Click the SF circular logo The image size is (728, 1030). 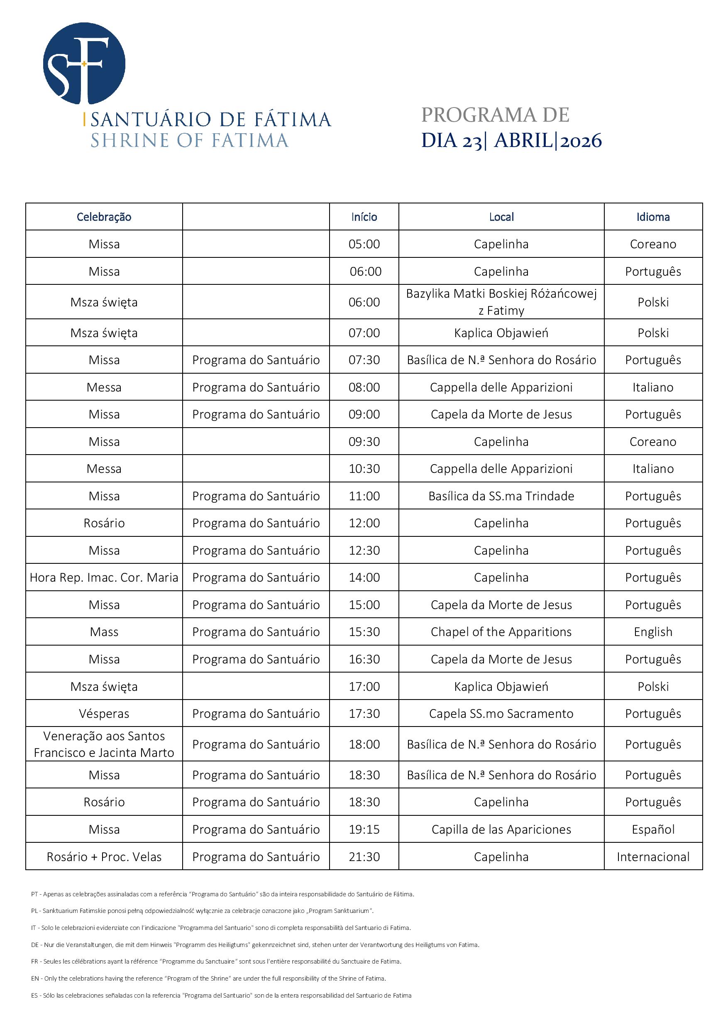84,63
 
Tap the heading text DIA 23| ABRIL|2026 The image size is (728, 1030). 511,141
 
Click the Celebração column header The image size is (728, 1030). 104,217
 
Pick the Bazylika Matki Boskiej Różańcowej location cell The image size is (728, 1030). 501,302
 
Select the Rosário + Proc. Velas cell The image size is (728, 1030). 104,856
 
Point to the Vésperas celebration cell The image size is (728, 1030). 104,713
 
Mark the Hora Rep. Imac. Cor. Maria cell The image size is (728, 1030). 104,577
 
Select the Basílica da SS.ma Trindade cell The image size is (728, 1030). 501,496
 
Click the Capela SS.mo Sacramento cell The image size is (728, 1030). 501,713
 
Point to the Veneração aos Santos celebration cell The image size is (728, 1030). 104,744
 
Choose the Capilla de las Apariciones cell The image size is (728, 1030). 501,829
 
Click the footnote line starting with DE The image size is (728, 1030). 255,944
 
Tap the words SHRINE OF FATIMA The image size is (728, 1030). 189,141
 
